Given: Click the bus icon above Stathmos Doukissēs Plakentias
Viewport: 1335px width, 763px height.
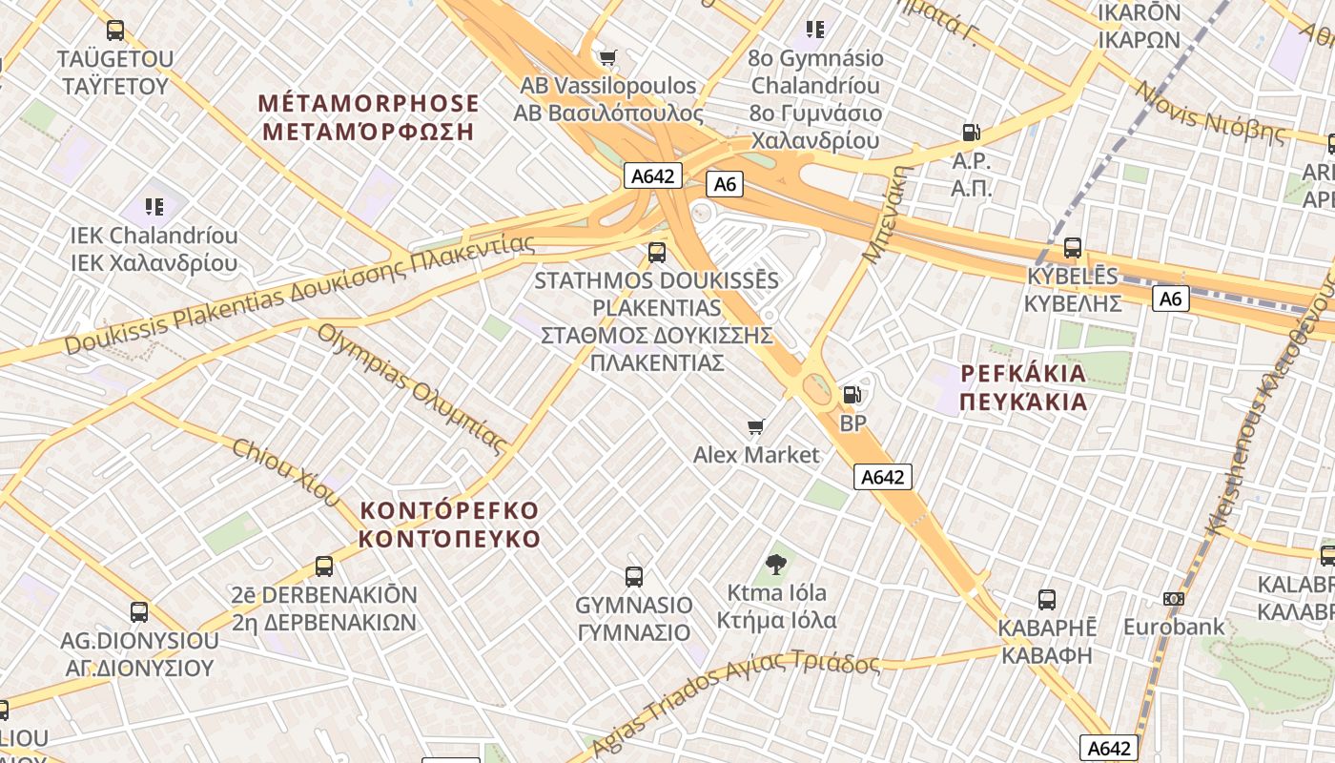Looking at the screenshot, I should tap(656, 253).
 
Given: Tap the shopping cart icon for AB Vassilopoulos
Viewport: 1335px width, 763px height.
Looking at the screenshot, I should tap(607, 58).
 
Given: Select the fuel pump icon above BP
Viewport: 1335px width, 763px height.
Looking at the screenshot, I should tap(851, 394).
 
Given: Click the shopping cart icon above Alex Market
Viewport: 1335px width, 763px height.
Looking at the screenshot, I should tap(756, 426).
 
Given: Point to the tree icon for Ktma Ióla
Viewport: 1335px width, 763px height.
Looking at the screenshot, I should tap(776, 565).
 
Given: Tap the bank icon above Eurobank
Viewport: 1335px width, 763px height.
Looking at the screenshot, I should tap(1173, 599).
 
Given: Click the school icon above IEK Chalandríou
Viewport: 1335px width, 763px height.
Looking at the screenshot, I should tap(154, 206).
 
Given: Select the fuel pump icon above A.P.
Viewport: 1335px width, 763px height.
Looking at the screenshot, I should tap(971, 133).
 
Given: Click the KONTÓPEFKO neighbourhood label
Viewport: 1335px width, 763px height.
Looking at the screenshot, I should tap(450, 525).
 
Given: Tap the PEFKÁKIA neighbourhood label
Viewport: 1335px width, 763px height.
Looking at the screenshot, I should tap(1023, 387).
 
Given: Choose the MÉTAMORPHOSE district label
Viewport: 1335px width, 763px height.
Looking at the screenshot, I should tap(368, 117).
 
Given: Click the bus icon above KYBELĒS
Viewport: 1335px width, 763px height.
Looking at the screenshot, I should tap(1073, 248).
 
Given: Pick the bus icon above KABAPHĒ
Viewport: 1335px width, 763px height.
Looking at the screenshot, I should tap(1047, 600).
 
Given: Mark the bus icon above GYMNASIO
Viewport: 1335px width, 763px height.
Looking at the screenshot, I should tap(633, 576).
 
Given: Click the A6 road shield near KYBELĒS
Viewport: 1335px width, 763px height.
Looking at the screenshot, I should tap(1170, 299).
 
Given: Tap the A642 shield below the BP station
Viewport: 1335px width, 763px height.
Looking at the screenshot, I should tap(882, 477).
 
